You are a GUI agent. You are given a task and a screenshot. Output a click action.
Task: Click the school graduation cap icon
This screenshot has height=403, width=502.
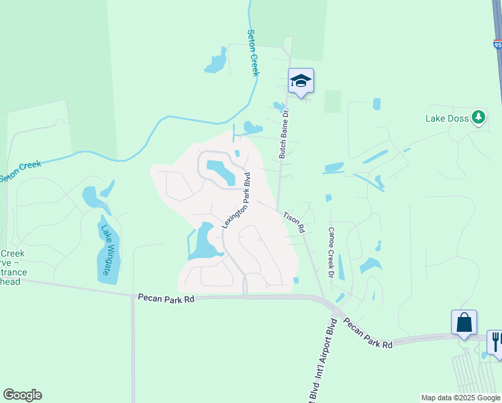[301, 81]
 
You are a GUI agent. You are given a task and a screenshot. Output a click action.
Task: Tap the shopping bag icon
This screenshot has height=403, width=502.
[464, 322]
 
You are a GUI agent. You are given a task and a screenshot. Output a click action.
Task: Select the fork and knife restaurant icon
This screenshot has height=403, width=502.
[495, 342]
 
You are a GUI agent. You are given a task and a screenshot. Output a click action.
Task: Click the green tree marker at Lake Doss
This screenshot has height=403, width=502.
[478, 118]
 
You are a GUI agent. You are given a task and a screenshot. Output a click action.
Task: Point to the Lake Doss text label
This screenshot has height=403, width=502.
[446, 119]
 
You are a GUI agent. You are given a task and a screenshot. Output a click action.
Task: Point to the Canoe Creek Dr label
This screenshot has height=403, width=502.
[331, 252]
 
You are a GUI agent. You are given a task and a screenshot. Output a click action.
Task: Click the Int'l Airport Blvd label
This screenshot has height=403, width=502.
[330, 360]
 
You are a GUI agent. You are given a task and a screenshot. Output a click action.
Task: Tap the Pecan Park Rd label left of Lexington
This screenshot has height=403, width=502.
[166, 297]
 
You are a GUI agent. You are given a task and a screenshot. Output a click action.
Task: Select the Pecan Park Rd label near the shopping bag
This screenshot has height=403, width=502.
[367, 332]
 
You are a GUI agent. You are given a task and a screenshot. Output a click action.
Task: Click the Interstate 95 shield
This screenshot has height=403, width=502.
[497, 45]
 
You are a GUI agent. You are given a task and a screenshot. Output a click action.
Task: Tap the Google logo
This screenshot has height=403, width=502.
[22, 395]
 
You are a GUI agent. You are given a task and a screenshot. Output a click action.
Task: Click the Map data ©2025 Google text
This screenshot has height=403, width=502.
[460, 398]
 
